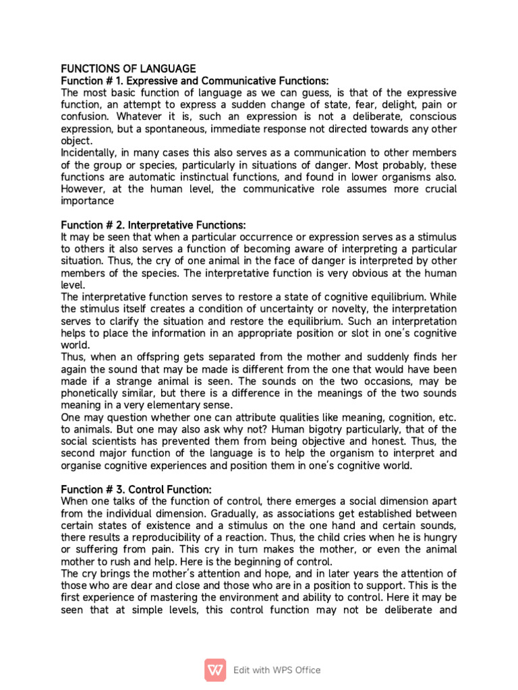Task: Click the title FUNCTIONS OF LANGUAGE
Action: click(128, 69)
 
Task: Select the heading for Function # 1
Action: click(185, 81)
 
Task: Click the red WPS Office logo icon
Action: click(216, 670)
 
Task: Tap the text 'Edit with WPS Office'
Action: click(277, 670)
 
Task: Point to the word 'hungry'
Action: click(440, 538)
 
